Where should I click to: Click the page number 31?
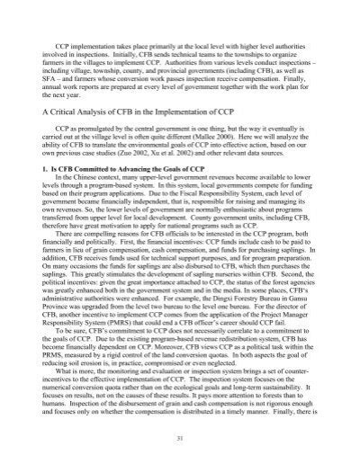coord(179,438)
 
